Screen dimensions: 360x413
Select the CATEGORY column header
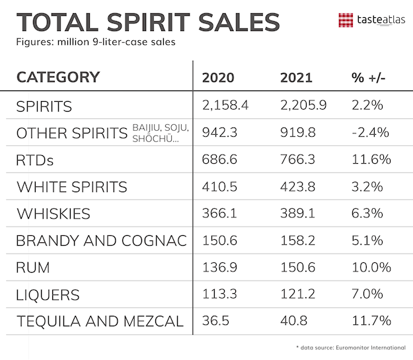pyautogui.click(x=57, y=77)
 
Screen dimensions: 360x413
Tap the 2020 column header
pyautogui.click(x=218, y=77)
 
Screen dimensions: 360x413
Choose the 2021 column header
pyautogui.click(x=296, y=77)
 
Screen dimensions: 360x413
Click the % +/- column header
pyautogui.click(x=369, y=77)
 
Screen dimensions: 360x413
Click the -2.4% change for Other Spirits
pyautogui.click(x=371, y=133)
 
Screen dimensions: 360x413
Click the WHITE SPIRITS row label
pyautogui.click(x=71, y=187)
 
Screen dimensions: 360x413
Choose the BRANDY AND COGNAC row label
pyautogui.click(x=101, y=241)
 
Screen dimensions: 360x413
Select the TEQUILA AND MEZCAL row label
pyautogui.click(x=99, y=322)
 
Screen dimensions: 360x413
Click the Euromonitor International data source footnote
pyautogui.click(x=348, y=347)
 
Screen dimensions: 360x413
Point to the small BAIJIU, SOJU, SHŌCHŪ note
pyautogui.click(x=161, y=132)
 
